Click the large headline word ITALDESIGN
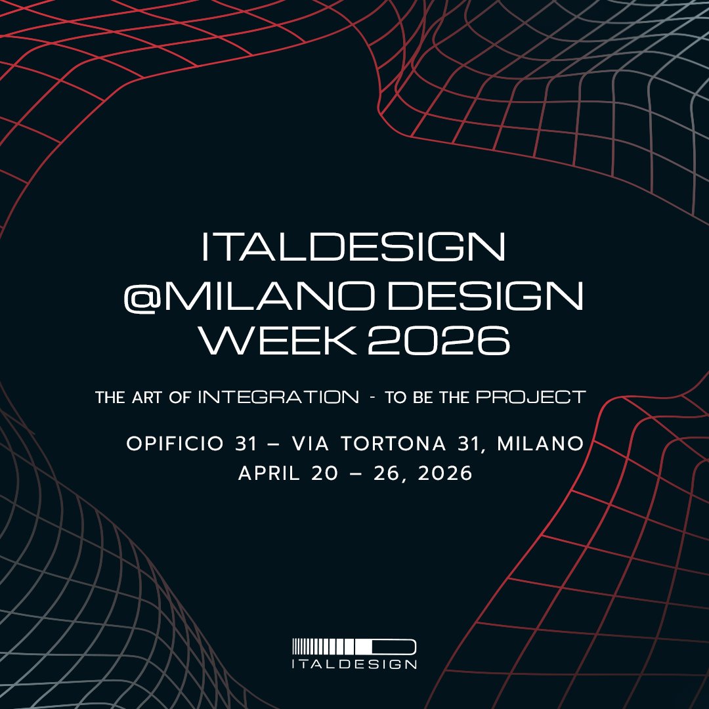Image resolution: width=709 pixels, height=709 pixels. (354, 248)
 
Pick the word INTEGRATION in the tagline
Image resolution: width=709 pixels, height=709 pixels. (278, 397)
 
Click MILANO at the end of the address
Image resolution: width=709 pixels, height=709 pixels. (540, 444)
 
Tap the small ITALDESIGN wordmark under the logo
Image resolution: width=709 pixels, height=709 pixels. (354, 664)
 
